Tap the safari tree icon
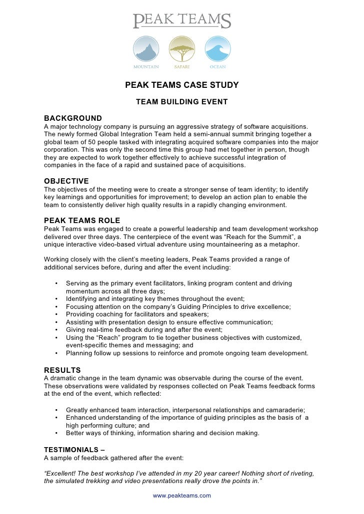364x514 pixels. click(182, 49)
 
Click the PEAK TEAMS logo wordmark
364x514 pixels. click(182, 21)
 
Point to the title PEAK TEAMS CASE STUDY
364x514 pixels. click(182, 85)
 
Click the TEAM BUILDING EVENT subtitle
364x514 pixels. click(182, 102)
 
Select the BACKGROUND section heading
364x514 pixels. click(73, 118)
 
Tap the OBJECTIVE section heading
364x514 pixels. click(66, 181)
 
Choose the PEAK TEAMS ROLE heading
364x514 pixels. click(82, 221)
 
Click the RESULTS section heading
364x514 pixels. click(62, 370)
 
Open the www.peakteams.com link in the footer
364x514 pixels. click(182, 496)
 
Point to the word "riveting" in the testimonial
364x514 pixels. click(301, 473)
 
